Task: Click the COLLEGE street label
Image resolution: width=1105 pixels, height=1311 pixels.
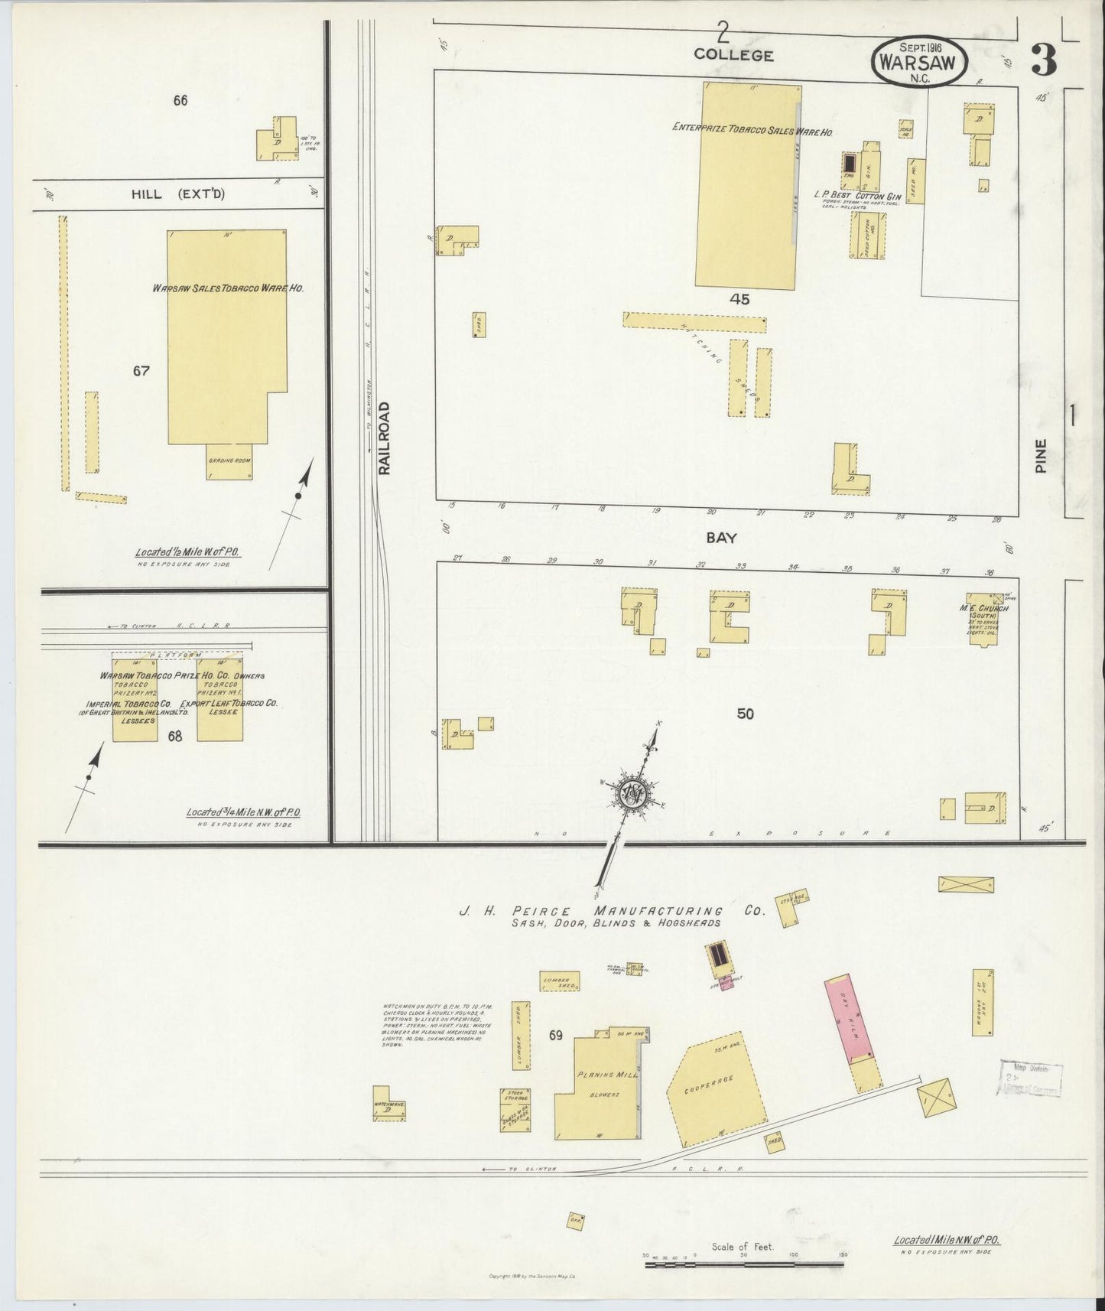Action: coord(733,55)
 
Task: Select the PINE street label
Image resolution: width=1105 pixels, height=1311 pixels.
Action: coord(1040,456)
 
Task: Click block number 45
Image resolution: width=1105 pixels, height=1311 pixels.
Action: coord(739,299)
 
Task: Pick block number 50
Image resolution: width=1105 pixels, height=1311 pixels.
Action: coord(745,714)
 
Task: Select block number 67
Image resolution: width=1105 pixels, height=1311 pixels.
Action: coord(141,371)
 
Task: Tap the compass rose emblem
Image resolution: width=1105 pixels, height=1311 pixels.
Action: coord(634,795)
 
